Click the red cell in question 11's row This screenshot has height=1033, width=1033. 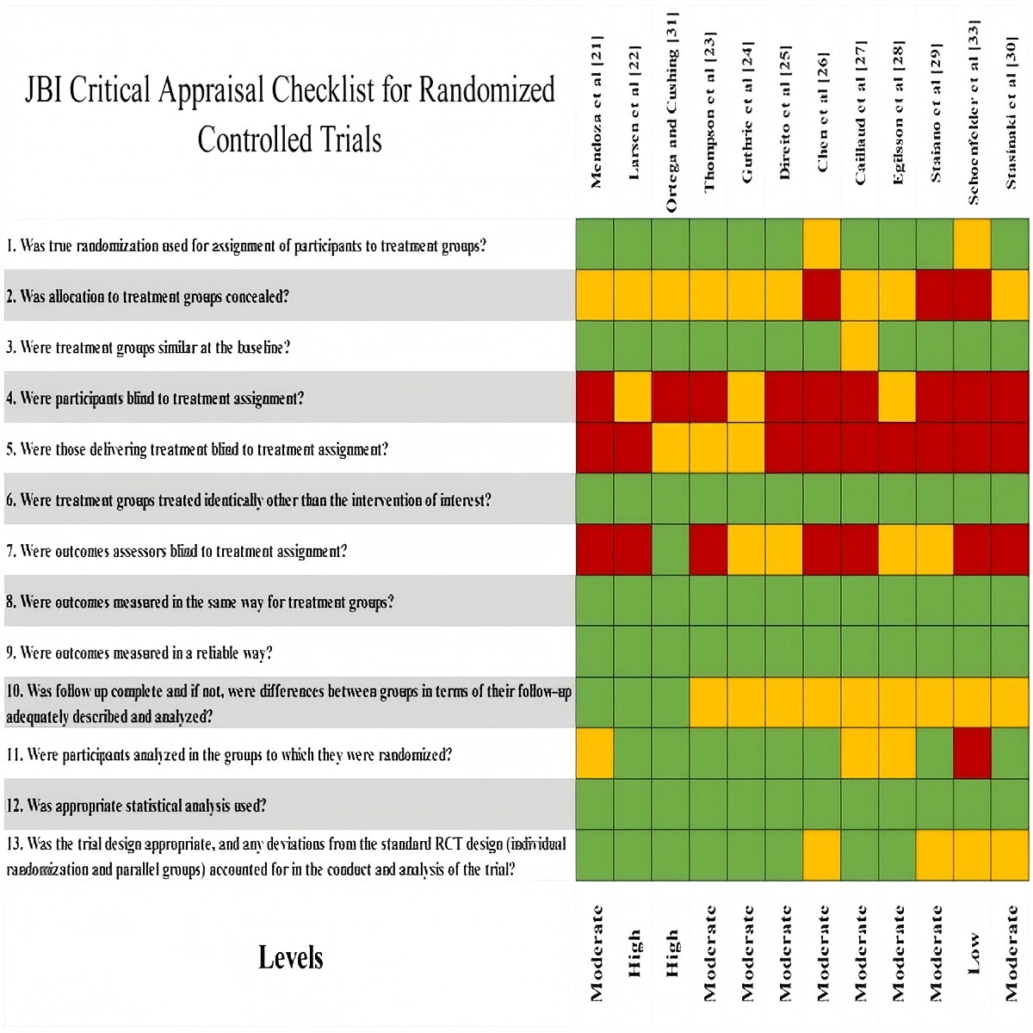973,754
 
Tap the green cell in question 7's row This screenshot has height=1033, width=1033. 671,550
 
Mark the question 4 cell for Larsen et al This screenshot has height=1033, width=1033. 633,397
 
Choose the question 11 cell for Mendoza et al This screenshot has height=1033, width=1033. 595,754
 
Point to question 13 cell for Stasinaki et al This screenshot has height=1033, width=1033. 1011,856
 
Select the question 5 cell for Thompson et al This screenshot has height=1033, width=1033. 708,448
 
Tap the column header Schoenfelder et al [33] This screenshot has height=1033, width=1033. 974,112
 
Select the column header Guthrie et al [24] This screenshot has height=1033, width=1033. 746,112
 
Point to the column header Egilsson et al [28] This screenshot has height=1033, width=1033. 898,112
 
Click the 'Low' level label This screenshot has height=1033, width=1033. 974,954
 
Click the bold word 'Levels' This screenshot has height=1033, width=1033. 290,957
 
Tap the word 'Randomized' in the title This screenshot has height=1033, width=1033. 486,90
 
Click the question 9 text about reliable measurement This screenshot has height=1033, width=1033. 139,653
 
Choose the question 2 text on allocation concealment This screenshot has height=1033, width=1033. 147,296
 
